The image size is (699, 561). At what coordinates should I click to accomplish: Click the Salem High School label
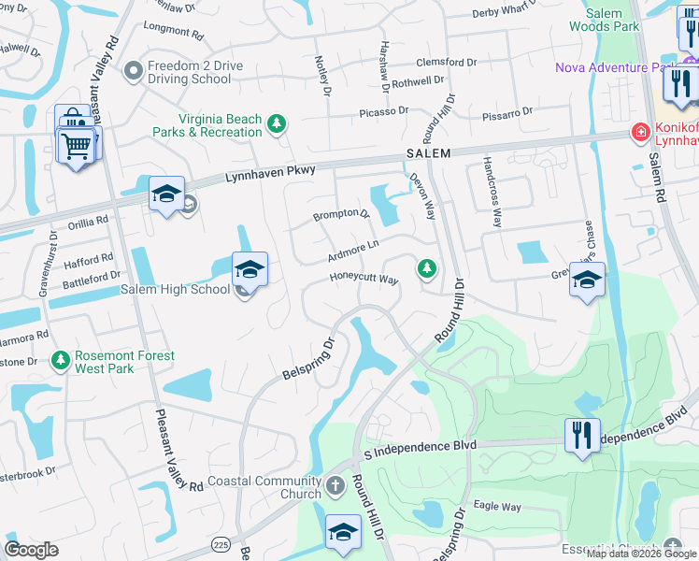tap(175, 290)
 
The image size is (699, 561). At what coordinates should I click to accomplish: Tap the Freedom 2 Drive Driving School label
tap(184, 72)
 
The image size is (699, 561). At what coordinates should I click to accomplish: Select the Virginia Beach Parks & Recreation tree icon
tap(276, 122)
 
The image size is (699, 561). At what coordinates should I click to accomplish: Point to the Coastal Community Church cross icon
tap(336, 487)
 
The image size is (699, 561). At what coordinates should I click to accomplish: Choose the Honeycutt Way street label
tap(364, 279)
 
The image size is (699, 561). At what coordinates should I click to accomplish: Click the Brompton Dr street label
tap(341, 214)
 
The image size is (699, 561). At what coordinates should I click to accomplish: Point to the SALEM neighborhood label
tap(428, 153)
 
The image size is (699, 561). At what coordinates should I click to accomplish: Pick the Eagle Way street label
tap(497, 507)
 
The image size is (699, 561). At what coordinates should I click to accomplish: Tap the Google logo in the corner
tap(31, 550)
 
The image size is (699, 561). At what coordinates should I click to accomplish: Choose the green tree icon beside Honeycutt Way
tap(427, 269)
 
